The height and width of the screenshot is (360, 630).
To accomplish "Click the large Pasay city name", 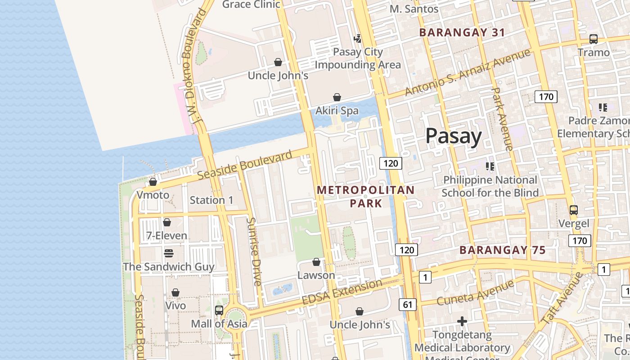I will coord(453,136).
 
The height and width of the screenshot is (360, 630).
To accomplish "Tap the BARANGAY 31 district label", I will coord(462,32).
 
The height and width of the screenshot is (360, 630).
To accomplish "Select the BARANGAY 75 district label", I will coord(502,250).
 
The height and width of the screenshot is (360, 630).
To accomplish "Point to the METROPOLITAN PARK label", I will coord(365,197).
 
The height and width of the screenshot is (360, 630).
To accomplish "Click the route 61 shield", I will coord(407,305).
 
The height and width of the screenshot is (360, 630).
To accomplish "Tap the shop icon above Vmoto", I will coord(153,182).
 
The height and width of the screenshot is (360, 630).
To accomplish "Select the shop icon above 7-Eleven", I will coord(167,222).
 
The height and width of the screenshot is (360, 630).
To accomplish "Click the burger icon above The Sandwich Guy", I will coord(169,253).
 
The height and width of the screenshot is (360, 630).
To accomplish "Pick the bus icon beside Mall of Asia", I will coord(219,310).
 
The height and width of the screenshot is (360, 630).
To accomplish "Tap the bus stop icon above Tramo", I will coord(594,39).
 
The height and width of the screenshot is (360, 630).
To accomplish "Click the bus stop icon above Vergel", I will coord(573,210).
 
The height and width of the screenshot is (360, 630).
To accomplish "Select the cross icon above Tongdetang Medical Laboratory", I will coord(462,321).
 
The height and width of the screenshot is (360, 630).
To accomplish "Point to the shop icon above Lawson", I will coord(316,262).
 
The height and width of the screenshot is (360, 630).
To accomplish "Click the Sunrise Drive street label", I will coord(254,252).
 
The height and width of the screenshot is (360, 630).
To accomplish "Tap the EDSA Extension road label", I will coord(342,292).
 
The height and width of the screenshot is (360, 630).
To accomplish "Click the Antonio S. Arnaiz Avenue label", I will coord(468,72).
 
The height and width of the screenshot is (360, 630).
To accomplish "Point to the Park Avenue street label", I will coord(502,119).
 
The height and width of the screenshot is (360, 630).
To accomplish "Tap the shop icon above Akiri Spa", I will coord(337,97).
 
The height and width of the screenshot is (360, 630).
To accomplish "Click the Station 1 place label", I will coord(211,200).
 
